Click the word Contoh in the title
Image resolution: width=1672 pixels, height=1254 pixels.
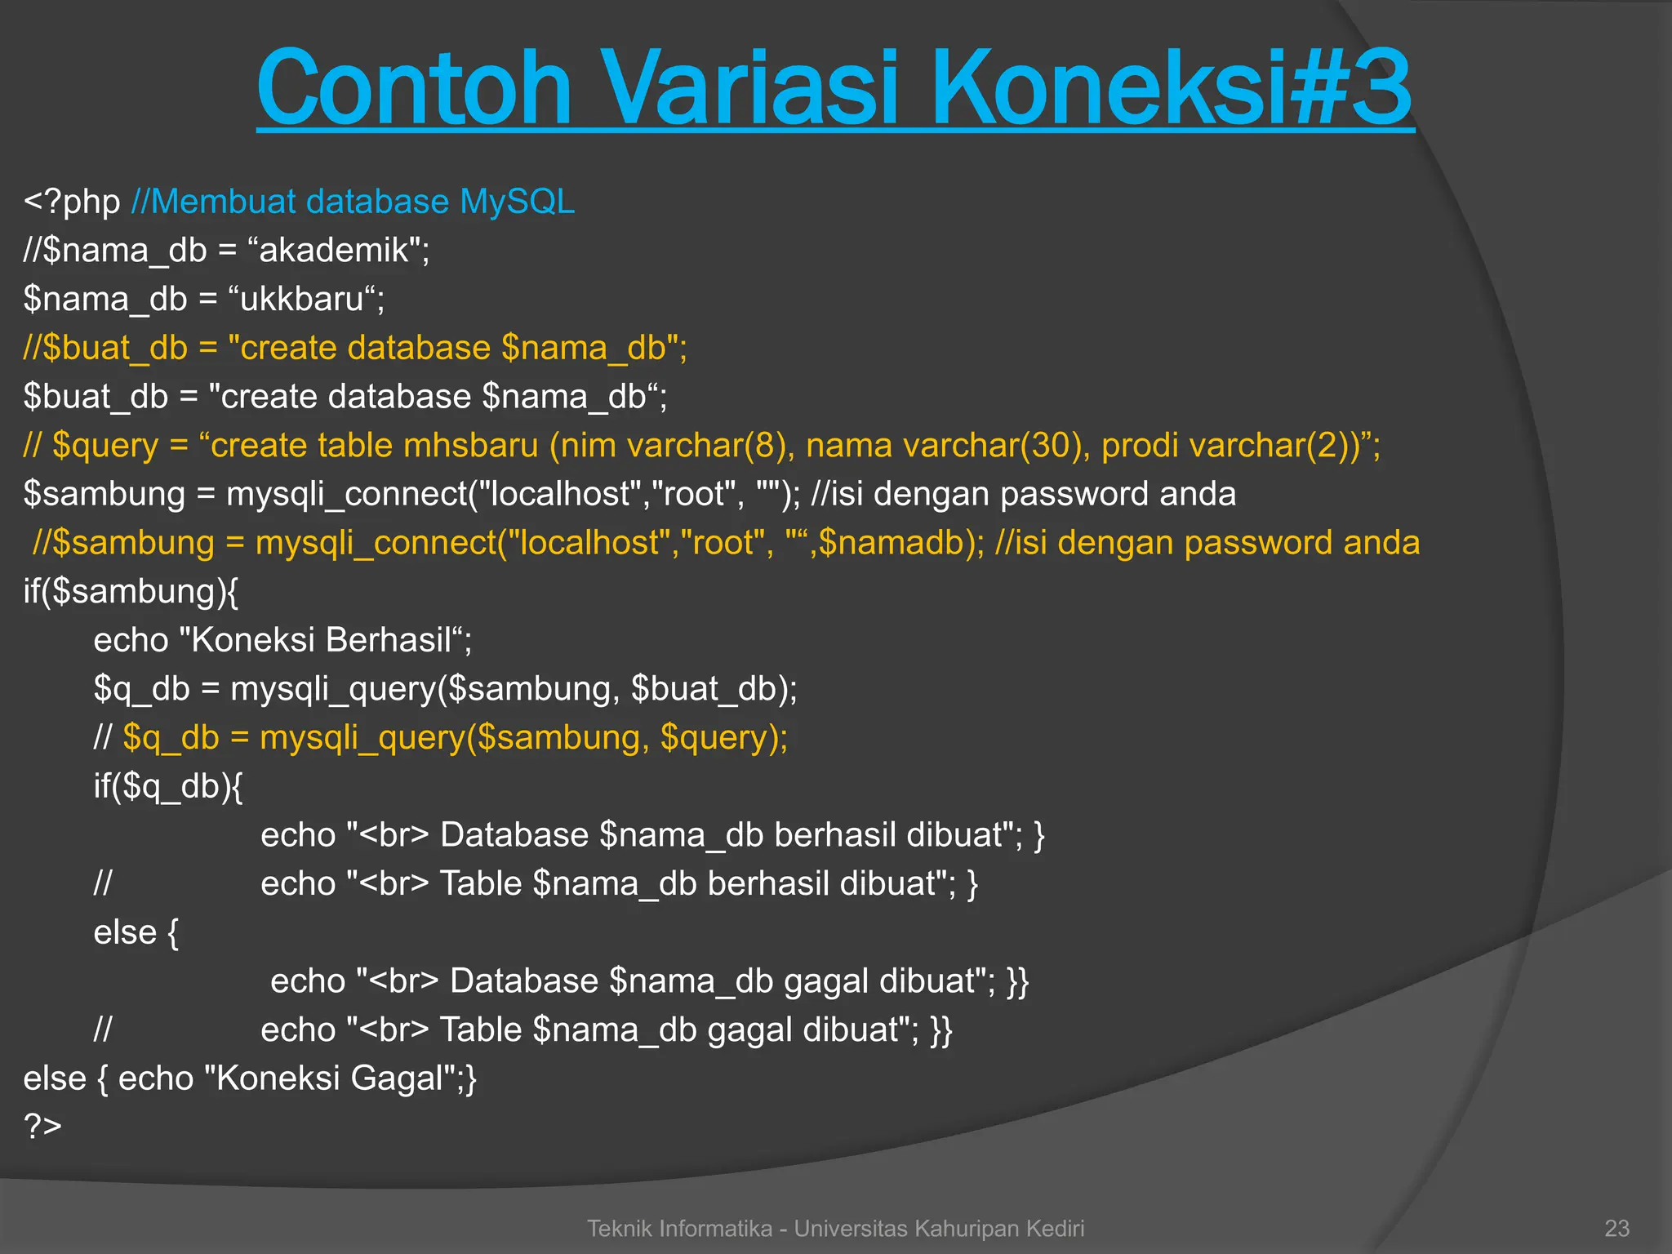point(414,88)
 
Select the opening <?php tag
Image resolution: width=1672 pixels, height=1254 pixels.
point(72,202)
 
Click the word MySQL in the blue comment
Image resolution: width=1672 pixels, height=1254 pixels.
point(517,202)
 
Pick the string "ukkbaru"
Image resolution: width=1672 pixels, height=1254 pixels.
point(307,299)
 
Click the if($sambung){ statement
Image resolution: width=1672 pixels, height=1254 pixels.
point(131,592)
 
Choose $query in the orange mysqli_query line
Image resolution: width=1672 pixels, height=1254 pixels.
point(714,738)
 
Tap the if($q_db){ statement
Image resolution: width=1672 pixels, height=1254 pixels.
point(168,786)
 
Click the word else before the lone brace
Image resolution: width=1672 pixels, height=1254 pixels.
point(124,932)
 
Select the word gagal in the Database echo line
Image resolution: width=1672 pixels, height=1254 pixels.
point(825,981)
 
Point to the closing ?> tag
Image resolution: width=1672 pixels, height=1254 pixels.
point(42,1127)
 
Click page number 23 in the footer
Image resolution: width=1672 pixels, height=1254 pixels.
point(1616,1228)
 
